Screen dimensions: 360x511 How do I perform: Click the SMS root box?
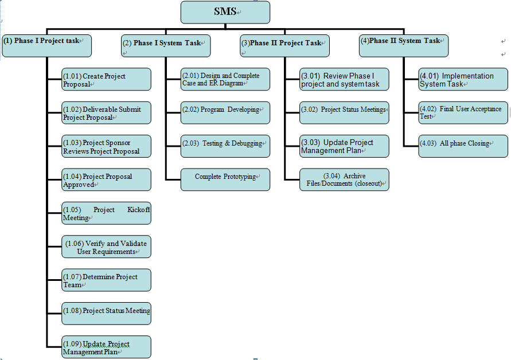pyautogui.click(x=225, y=12)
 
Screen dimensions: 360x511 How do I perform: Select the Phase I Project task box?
pyautogui.click(x=46, y=46)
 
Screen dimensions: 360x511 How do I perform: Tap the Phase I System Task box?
pyautogui.click(x=166, y=46)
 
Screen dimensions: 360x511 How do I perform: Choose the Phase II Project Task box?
pyautogui.click(x=284, y=46)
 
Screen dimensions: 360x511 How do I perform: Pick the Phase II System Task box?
pyautogui.click(x=404, y=46)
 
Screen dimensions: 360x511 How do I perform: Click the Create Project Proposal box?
pyautogui.click(x=106, y=80)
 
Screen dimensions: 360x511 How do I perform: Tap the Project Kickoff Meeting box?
pyautogui.click(x=106, y=214)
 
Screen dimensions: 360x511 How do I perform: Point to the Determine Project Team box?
pyautogui.click(x=106, y=280)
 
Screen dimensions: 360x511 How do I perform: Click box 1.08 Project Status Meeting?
pyautogui.click(x=106, y=314)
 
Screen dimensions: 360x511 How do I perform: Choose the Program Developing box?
pyautogui.click(x=225, y=113)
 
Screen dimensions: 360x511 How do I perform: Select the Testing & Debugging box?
pyautogui.click(x=225, y=146)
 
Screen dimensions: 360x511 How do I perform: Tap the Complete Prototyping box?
pyautogui.click(x=225, y=179)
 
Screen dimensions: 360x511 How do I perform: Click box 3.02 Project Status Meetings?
pyautogui.click(x=344, y=113)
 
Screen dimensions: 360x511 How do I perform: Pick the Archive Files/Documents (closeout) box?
pyautogui.click(x=344, y=179)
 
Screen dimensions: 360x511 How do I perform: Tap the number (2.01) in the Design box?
pyautogui.click(x=192, y=76)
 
